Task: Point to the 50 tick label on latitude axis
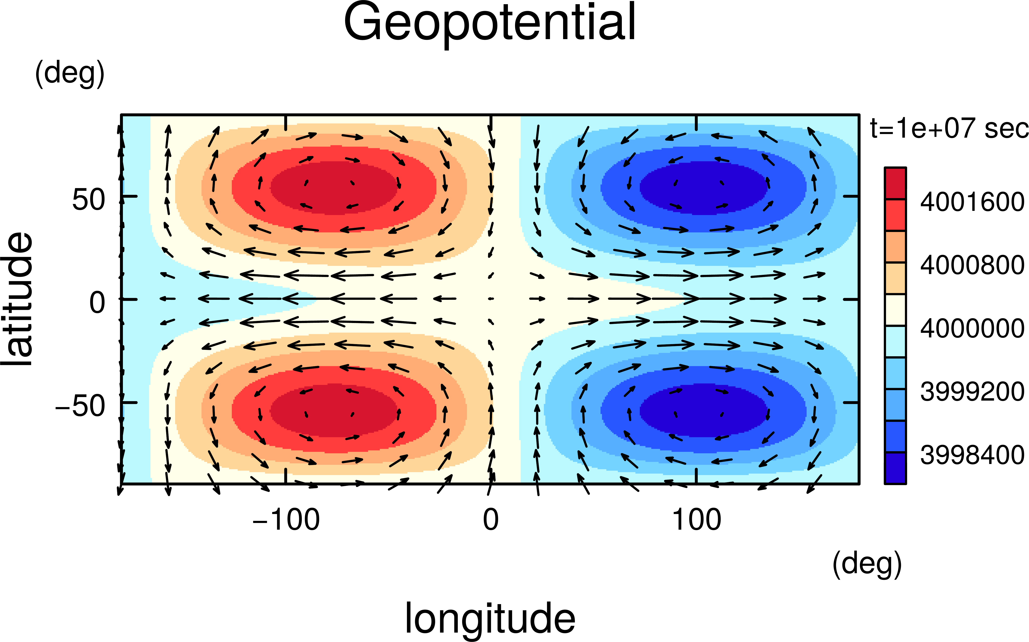[x=88, y=200]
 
